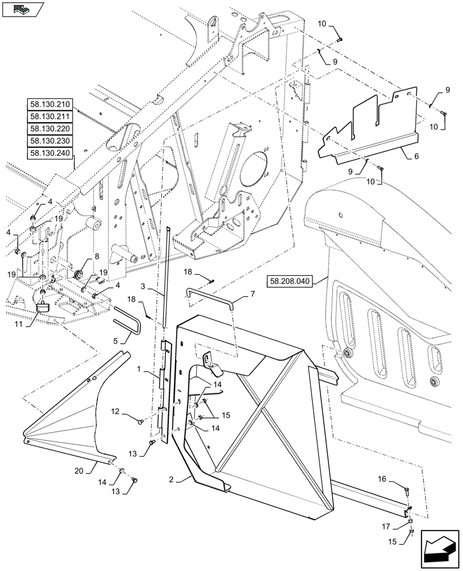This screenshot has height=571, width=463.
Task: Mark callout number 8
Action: (97, 256)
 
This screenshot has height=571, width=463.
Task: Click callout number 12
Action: (115, 411)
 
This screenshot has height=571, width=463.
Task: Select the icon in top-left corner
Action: (22, 9)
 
